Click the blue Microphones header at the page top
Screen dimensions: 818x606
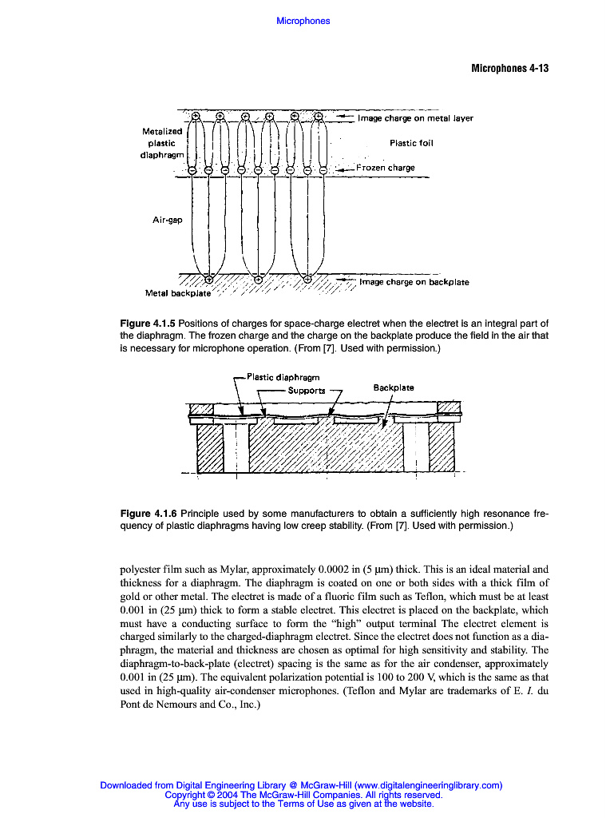[303, 21]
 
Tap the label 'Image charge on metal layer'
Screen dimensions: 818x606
[415, 118]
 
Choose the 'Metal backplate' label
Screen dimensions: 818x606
[178, 293]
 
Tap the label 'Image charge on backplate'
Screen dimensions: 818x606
[414, 282]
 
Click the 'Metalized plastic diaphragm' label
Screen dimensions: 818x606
[162, 143]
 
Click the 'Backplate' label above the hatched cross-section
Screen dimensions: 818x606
[394, 387]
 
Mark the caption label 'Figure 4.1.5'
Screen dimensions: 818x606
[148, 324]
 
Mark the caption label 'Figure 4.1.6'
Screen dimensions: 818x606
[148, 513]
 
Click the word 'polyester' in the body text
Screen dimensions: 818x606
[141, 570]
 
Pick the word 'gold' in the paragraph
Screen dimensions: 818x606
[131, 598]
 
